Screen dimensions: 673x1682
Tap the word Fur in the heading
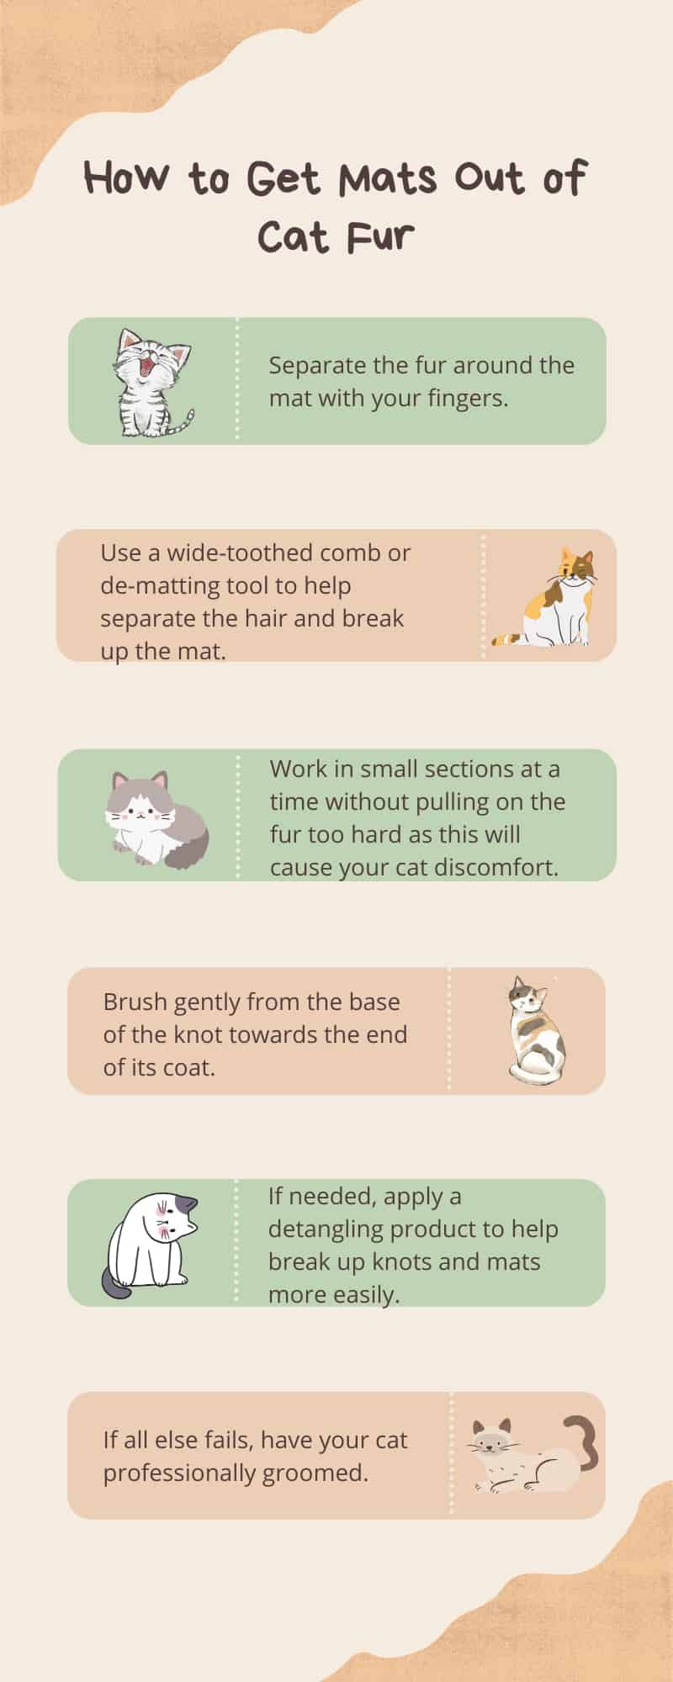tap(380, 237)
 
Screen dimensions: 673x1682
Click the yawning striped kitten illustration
tap(152, 383)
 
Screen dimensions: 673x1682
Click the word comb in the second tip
tap(347, 553)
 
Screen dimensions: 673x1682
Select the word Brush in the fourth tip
tap(132, 1002)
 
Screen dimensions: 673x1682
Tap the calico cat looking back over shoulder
tap(537, 1030)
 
